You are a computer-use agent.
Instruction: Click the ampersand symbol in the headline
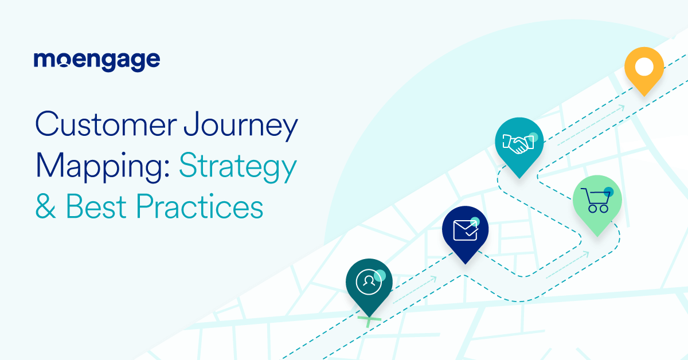point(46,207)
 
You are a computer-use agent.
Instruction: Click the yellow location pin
point(644,69)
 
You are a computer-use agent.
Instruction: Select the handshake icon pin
point(518,143)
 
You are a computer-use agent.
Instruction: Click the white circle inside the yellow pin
point(644,66)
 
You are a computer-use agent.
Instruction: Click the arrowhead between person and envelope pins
point(433,279)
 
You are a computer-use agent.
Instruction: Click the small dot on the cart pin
point(608,192)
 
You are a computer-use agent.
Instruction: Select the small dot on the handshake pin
point(533,137)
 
